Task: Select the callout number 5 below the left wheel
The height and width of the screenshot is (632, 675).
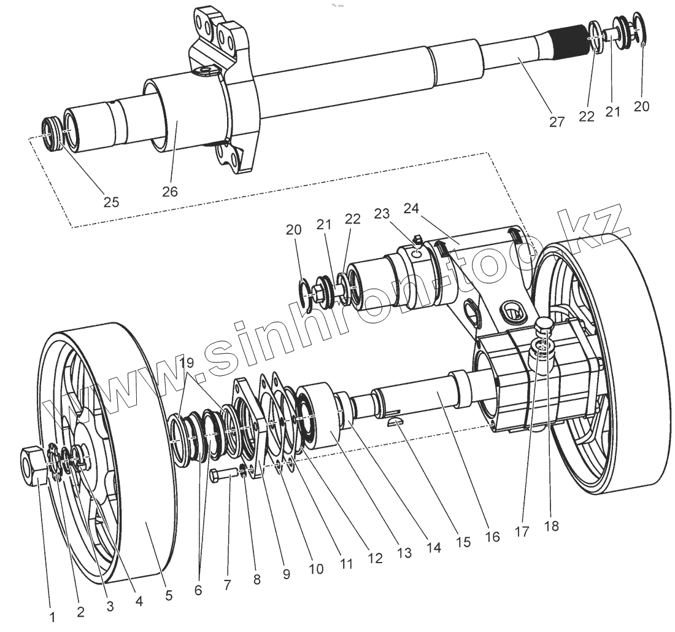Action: tap(169, 596)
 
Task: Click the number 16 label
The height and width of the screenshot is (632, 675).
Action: tap(492, 537)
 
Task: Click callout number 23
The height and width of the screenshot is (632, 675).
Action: tap(382, 214)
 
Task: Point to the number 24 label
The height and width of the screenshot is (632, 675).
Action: tap(411, 209)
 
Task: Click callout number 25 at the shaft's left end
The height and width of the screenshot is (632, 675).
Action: tap(111, 201)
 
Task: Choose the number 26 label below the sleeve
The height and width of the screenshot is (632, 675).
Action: tap(170, 192)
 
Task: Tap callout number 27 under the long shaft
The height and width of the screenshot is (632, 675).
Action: tap(557, 122)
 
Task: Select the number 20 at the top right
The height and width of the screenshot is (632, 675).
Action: tap(641, 106)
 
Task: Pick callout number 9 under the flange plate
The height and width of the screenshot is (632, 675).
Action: tap(286, 574)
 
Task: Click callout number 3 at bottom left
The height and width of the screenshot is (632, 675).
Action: tap(110, 607)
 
